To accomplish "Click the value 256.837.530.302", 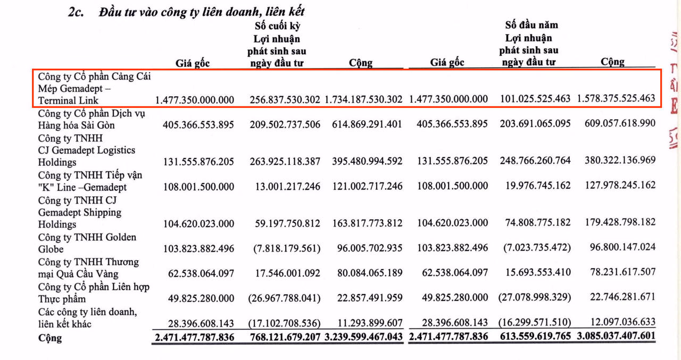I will (285, 99).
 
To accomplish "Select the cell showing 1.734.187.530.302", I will (364, 99).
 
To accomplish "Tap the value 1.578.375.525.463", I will (616, 98).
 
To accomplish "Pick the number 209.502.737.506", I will (285, 124).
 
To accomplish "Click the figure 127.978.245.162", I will (619, 185).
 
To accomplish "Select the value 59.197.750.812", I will (288, 223).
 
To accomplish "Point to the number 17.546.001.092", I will (288, 273).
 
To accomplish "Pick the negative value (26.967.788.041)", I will (284, 297).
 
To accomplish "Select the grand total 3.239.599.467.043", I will (364, 337).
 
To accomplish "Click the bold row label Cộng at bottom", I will (49, 338).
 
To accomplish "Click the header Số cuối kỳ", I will (277, 26).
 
